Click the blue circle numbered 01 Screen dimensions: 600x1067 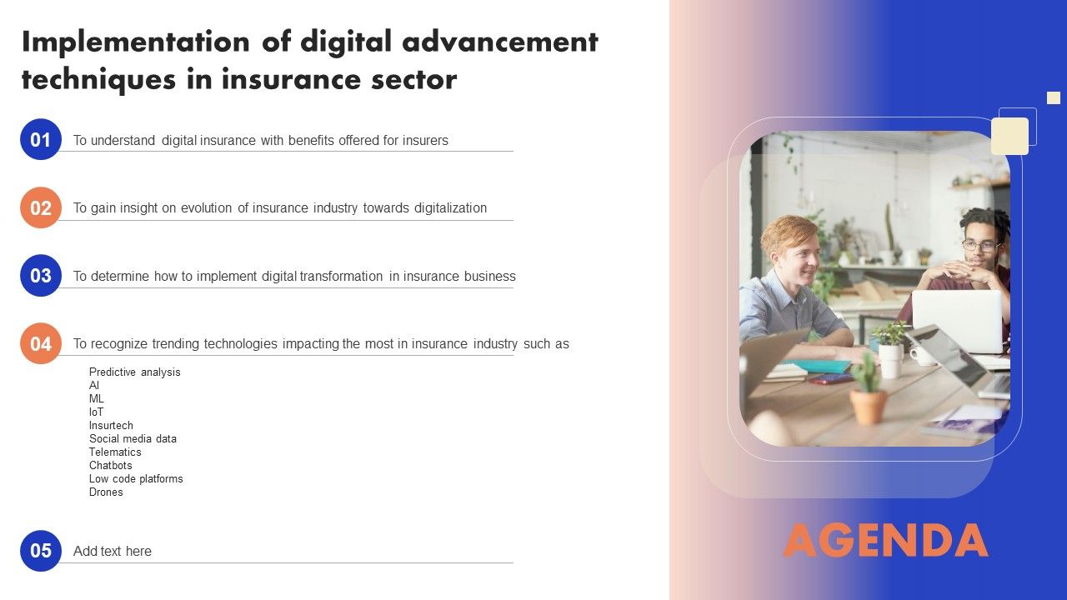click(41, 139)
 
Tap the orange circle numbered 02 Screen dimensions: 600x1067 click(41, 207)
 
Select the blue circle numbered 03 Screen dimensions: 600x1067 click(41, 276)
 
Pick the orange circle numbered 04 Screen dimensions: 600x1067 click(41, 343)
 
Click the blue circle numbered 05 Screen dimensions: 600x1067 click(41, 551)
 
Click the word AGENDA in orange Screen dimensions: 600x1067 click(885, 541)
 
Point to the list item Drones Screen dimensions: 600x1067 click(106, 492)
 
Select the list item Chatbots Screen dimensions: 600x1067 click(111, 466)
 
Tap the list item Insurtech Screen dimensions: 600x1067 click(111, 426)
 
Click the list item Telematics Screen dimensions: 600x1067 click(115, 452)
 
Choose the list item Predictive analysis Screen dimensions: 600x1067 click(134, 372)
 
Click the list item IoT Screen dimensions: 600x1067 click(97, 412)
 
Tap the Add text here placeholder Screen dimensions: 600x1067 click(113, 551)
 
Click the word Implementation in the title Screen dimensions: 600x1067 click(135, 42)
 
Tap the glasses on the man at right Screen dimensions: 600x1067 click(979, 245)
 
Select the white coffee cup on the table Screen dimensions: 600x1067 click(922, 355)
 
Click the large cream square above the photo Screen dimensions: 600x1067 click(1009, 136)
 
